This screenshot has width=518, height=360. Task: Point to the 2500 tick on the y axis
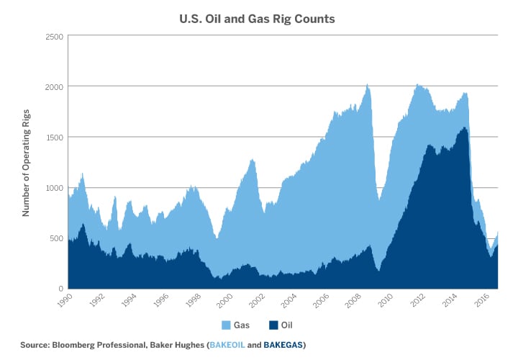(x=55, y=36)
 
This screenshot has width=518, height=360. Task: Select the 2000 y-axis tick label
(x=55, y=86)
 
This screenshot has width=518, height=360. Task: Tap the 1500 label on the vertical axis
(x=55, y=137)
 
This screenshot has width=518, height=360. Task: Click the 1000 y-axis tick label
(x=55, y=187)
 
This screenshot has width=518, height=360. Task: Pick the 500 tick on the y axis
(x=57, y=238)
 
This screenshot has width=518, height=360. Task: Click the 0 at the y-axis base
(x=61, y=289)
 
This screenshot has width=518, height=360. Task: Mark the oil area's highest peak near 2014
(x=464, y=128)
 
